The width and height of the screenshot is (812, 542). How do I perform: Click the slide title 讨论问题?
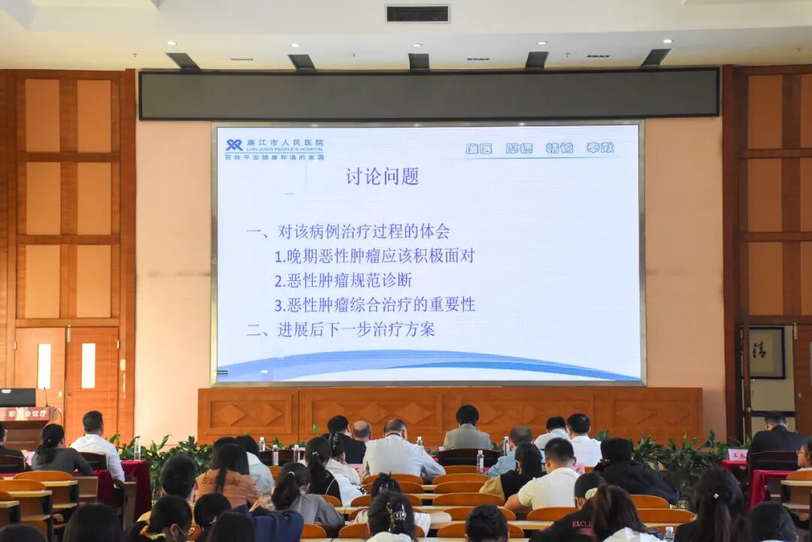click(382, 177)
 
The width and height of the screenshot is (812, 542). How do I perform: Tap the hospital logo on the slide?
click(234, 145)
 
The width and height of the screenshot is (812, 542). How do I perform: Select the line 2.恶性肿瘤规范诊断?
click(342, 280)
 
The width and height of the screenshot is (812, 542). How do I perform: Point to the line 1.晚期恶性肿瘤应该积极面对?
click(374, 256)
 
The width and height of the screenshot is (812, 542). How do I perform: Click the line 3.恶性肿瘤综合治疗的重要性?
click(374, 304)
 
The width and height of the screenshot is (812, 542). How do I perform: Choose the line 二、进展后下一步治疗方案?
click(340, 329)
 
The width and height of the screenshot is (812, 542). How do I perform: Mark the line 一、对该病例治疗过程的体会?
click(348, 232)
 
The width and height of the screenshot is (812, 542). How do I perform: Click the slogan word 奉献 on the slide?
click(600, 148)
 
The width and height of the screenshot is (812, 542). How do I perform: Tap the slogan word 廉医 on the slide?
click(478, 149)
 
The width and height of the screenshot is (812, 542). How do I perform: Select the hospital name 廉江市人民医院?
click(285, 142)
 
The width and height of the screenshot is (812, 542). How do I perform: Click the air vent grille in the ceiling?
click(417, 14)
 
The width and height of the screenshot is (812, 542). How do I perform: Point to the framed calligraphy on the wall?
click(765, 353)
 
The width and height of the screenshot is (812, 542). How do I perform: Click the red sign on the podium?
click(25, 413)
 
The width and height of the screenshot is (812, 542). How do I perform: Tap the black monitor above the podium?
click(17, 397)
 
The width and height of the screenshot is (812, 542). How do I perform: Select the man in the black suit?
click(776, 435)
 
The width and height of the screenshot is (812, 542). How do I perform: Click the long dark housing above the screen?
click(429, 94)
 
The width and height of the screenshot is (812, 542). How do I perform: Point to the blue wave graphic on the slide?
click(429, 366)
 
